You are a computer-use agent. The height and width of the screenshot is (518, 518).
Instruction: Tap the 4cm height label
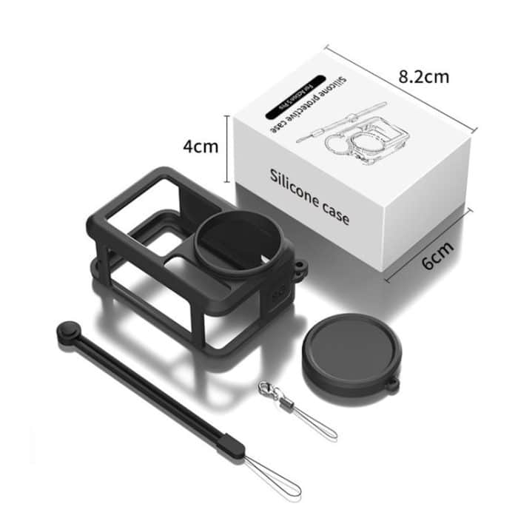[x=201, y=146]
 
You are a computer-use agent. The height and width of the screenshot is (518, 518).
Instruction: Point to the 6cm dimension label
[x=437, y=258]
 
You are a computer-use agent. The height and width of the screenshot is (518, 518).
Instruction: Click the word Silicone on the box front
[x=294, y=182]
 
